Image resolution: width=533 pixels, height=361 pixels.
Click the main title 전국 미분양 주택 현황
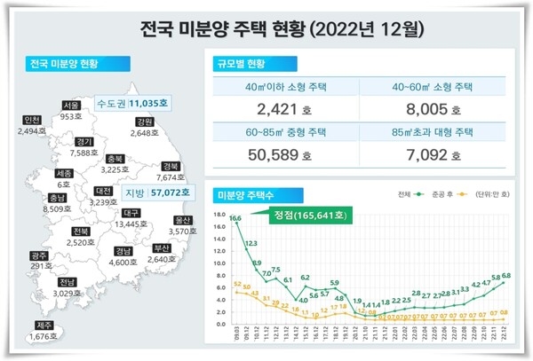pyautogui.click(x=266, y=29)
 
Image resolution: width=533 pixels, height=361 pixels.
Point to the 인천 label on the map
pyautogui.click(x=33, y=120)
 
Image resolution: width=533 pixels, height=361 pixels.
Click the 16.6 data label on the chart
pyautogui.click(x=235, y=217)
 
